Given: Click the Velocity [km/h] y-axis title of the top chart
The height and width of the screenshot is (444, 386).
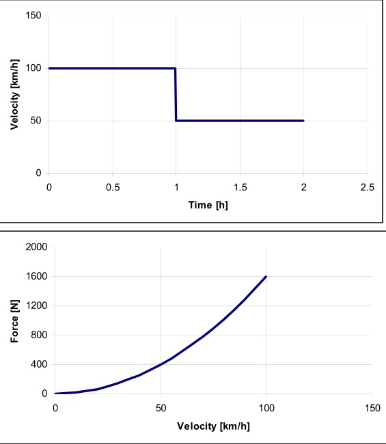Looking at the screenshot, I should pyautogui.click(x=14, y=95).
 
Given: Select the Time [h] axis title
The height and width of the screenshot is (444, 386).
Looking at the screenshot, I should pyautogui.click(x=208, y=205).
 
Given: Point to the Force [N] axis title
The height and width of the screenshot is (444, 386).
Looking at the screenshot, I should pyautogui.click(x=14, y=321).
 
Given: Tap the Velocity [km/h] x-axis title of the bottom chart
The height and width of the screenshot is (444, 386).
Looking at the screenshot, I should pyautogui.click(x=213, y=426).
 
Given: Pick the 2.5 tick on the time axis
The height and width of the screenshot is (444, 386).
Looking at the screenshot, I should pyautogui.click(x=368, y=187).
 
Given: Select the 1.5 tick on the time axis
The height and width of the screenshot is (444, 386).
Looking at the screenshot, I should pyautogui.click(x=240, y=187).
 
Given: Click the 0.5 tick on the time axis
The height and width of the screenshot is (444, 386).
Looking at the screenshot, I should pyautogui.click(x=112, y=187).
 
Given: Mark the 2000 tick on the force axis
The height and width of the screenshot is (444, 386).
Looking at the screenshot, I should pyautogui.click(x=35, y=248).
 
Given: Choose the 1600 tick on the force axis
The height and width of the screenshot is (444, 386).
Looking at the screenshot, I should pyautogui.click(x=35, y=277).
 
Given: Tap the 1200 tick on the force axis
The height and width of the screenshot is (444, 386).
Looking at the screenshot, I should pyautogui.click(x=35, y=306).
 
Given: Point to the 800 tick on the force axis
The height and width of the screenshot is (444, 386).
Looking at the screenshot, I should pyautogui.click(x=38, y=336).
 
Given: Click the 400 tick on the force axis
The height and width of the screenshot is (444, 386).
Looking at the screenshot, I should pyautogui.click(x=38, y=365).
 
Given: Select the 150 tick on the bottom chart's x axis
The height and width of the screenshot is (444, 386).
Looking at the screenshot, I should pyautogui.click(x=371, y=408).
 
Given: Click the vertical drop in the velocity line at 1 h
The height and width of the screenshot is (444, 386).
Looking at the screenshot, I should pyautogui.click(x=176, y=95).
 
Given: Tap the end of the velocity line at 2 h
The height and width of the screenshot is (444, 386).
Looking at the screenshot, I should pyautogui.click(x=303, y=121).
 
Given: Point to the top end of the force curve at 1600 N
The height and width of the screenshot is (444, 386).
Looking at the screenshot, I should pyautogui.click(x=266, y=277).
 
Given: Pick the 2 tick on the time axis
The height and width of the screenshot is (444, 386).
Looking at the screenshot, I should pyautogui.click(x=303, y=187).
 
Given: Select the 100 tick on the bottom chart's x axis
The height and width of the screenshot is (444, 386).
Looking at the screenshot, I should pyautogui.click(x=266, y=408).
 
